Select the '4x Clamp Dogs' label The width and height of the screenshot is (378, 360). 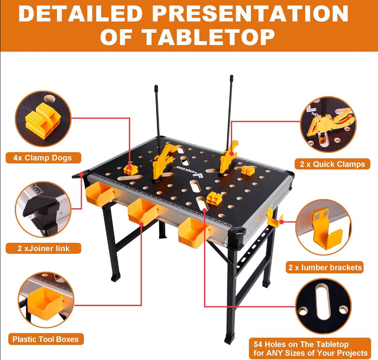[x=43, y=158]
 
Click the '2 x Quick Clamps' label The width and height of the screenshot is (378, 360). [x=333, y=164]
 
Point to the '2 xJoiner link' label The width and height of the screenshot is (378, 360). [x=44, y=248]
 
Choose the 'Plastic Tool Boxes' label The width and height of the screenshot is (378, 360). [x=45, y=339]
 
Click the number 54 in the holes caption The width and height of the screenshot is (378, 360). [x=258, y=344]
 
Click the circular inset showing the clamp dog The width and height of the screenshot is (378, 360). [x=43, y=119]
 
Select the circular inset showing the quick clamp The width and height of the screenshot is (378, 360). [x=328, y=124]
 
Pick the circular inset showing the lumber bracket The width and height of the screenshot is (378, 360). [x=323, y=227]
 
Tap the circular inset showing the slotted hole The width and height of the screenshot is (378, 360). [x=323, y=306]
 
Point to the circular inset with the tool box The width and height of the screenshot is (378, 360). [x=46, y=300]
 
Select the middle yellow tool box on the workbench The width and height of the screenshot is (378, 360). [x=143, y=211]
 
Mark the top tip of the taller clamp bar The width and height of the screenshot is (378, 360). [x=232, y=76]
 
